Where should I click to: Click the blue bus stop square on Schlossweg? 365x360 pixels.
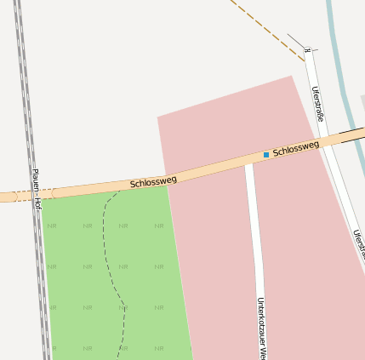[x=266, y=155]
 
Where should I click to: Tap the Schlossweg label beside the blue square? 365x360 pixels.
[x=296, y=149]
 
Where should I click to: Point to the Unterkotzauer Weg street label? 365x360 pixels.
[x=263, y=328]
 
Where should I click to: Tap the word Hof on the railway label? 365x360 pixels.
[x=37, y=204]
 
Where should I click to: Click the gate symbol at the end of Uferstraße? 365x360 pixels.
[x=308, y=51]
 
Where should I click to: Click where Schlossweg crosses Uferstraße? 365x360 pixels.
[x=333, y=140]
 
